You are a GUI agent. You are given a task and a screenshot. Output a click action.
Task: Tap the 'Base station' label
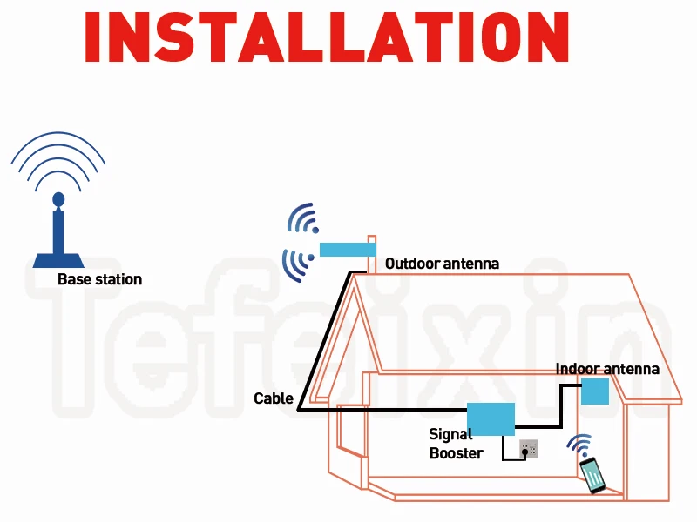tap(99, 279)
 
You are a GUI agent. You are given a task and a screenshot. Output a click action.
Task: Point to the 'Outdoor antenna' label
tap(442, 263)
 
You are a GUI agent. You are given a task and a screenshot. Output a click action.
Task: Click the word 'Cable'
tap(274, 398)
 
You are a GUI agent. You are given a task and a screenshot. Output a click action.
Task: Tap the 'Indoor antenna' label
tap(607, 369)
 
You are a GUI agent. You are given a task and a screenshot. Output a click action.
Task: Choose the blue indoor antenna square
tap(595, 391)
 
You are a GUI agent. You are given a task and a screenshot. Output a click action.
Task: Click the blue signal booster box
tap(491, 419)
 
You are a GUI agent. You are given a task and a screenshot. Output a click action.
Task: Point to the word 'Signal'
tap(450, 434)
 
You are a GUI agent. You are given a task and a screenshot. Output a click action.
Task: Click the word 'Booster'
tap(456, 452)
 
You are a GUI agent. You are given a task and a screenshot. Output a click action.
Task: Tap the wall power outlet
tap(528, 448)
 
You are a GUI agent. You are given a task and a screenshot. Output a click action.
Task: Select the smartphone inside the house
tap(594, 475)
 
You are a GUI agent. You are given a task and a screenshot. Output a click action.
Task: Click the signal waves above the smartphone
tap(579, 445)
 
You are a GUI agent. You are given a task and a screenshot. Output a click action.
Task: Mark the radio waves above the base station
tap(58, 161)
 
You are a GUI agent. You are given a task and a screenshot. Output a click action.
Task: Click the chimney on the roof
tap(372, 252)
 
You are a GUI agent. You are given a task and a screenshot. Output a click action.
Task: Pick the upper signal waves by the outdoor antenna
tap(304, 218)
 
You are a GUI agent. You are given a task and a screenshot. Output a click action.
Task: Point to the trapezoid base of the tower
tap(58, 260)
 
